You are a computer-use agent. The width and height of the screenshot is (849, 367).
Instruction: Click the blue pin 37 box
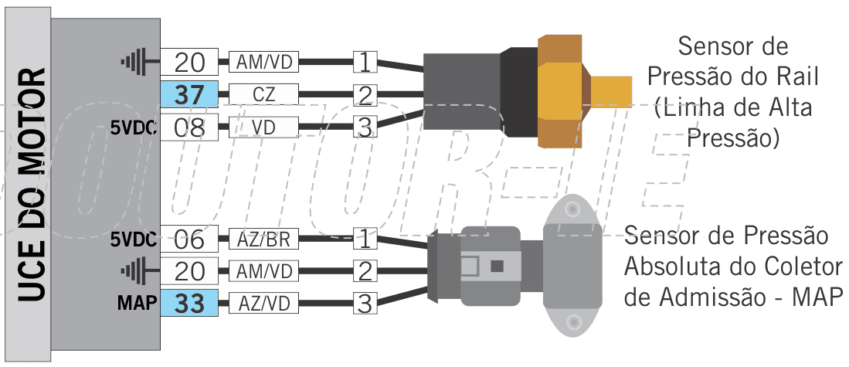point(189,95)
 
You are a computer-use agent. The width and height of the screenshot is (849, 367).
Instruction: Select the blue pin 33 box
point(189,304)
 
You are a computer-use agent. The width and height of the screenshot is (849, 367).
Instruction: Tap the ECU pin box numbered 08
point(189,127)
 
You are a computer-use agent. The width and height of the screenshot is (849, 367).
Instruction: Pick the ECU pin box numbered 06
point(189,239)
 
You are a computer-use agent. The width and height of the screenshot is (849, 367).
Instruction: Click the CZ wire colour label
point(263,95)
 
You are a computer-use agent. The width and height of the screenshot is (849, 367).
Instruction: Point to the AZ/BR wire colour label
point(263,239)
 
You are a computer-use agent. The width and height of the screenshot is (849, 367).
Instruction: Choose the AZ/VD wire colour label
point(263,304)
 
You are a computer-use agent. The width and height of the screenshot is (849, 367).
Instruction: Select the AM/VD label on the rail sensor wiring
point(263,63)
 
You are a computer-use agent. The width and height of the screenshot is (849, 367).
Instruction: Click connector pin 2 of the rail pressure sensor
point(365,95)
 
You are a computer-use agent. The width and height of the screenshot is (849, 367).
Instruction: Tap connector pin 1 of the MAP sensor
point(365,239)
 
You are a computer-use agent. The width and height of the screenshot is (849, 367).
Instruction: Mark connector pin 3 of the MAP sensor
point(365,304)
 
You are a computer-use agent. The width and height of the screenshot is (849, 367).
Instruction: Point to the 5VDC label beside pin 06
point(134,239)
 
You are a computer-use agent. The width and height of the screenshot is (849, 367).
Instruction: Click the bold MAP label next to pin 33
point(137,304)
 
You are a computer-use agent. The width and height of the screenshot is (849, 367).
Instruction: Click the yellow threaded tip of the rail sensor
point(611,91)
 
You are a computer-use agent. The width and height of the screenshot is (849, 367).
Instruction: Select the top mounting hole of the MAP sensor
point(571,209)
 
